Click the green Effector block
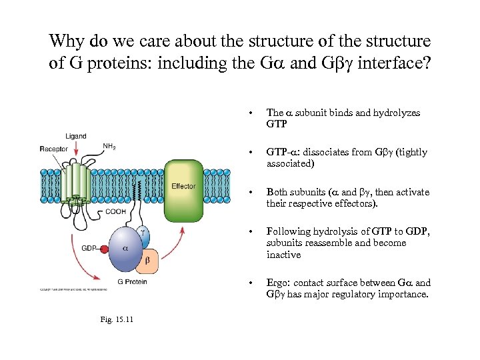(183, 190)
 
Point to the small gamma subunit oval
(142, 233)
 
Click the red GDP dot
(104, 249)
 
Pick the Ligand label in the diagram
(75, 137)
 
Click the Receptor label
(53, 149)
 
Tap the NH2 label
(110, 146)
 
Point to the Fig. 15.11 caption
(117, 319)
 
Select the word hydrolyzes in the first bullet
(395, 113)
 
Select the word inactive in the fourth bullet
(283, 255)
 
